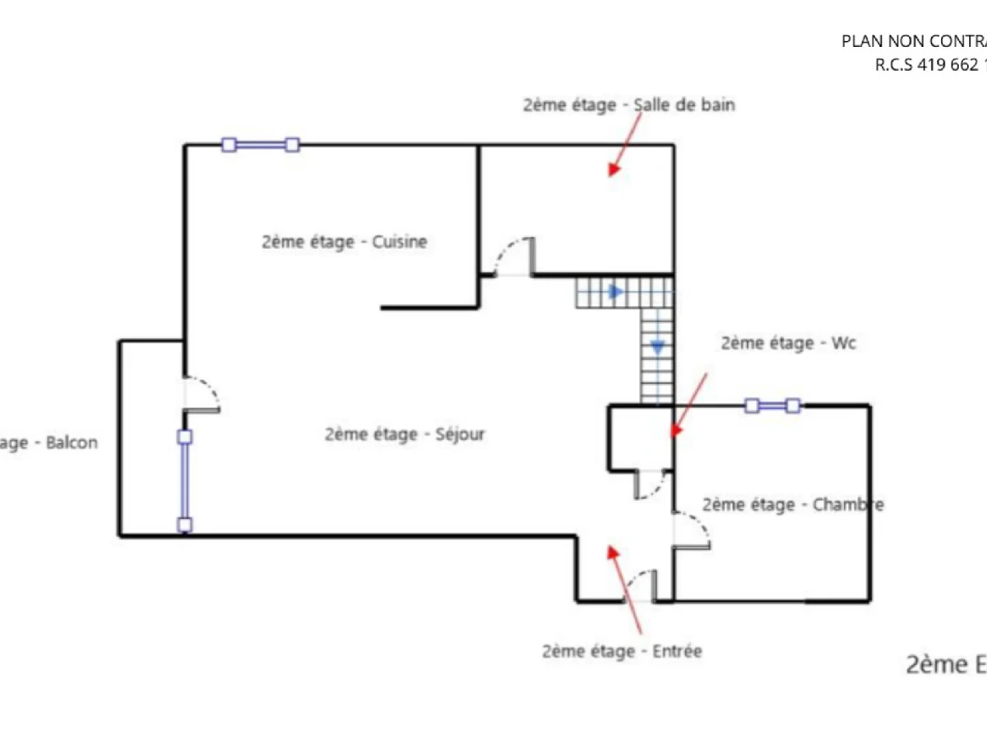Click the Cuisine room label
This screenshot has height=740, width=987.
[345, 243]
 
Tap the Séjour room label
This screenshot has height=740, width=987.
[405, 434]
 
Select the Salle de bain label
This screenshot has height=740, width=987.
[628, 105]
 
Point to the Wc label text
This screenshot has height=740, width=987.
[788, 343]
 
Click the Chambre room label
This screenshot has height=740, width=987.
[793, 504]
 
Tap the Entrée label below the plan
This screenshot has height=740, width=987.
[622, 651]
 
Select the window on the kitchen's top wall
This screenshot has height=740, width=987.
[260, 146]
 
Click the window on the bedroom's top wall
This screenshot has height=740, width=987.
[772, 405]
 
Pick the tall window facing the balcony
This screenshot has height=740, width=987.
[185, 480]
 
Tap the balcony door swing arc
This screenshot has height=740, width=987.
[202, 393]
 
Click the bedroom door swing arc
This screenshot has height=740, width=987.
[693, 530]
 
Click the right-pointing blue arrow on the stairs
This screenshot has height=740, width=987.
[615, 291]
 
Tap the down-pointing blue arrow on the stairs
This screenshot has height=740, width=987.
[657, 347]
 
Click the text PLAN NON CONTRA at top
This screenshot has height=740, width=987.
[913, 41]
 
